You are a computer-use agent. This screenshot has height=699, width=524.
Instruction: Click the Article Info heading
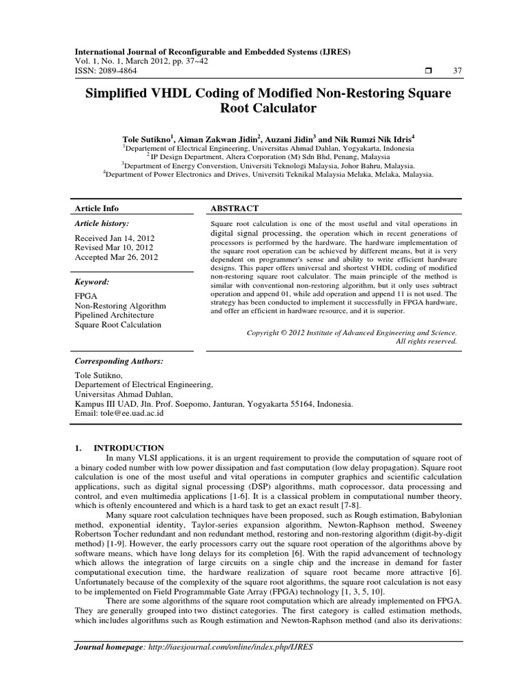click(x=96, y=208)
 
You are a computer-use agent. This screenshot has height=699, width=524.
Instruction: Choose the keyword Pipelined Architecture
click(x=114, y=315)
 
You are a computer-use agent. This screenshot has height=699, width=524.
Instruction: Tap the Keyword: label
click(x=91, y=281)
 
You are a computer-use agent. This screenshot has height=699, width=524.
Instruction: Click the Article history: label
click(x=101, y=223)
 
